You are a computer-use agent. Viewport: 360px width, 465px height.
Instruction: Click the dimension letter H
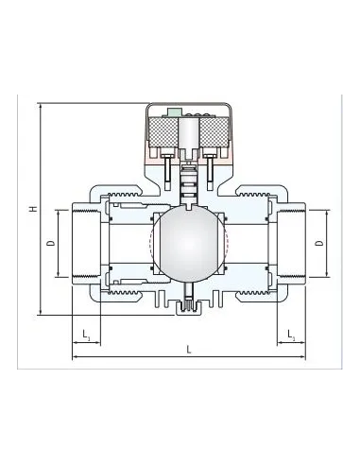point(34,208)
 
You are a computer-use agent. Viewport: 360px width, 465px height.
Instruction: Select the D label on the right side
point(319,243)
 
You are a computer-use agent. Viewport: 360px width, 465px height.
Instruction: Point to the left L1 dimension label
point(86,335)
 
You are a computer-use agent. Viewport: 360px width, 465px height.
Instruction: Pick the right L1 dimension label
point(291,335)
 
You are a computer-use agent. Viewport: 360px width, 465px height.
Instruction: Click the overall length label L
point(189,350)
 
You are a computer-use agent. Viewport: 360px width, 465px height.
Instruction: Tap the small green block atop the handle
point(175,112)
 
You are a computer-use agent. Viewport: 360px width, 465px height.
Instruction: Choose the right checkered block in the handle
point(214,131)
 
